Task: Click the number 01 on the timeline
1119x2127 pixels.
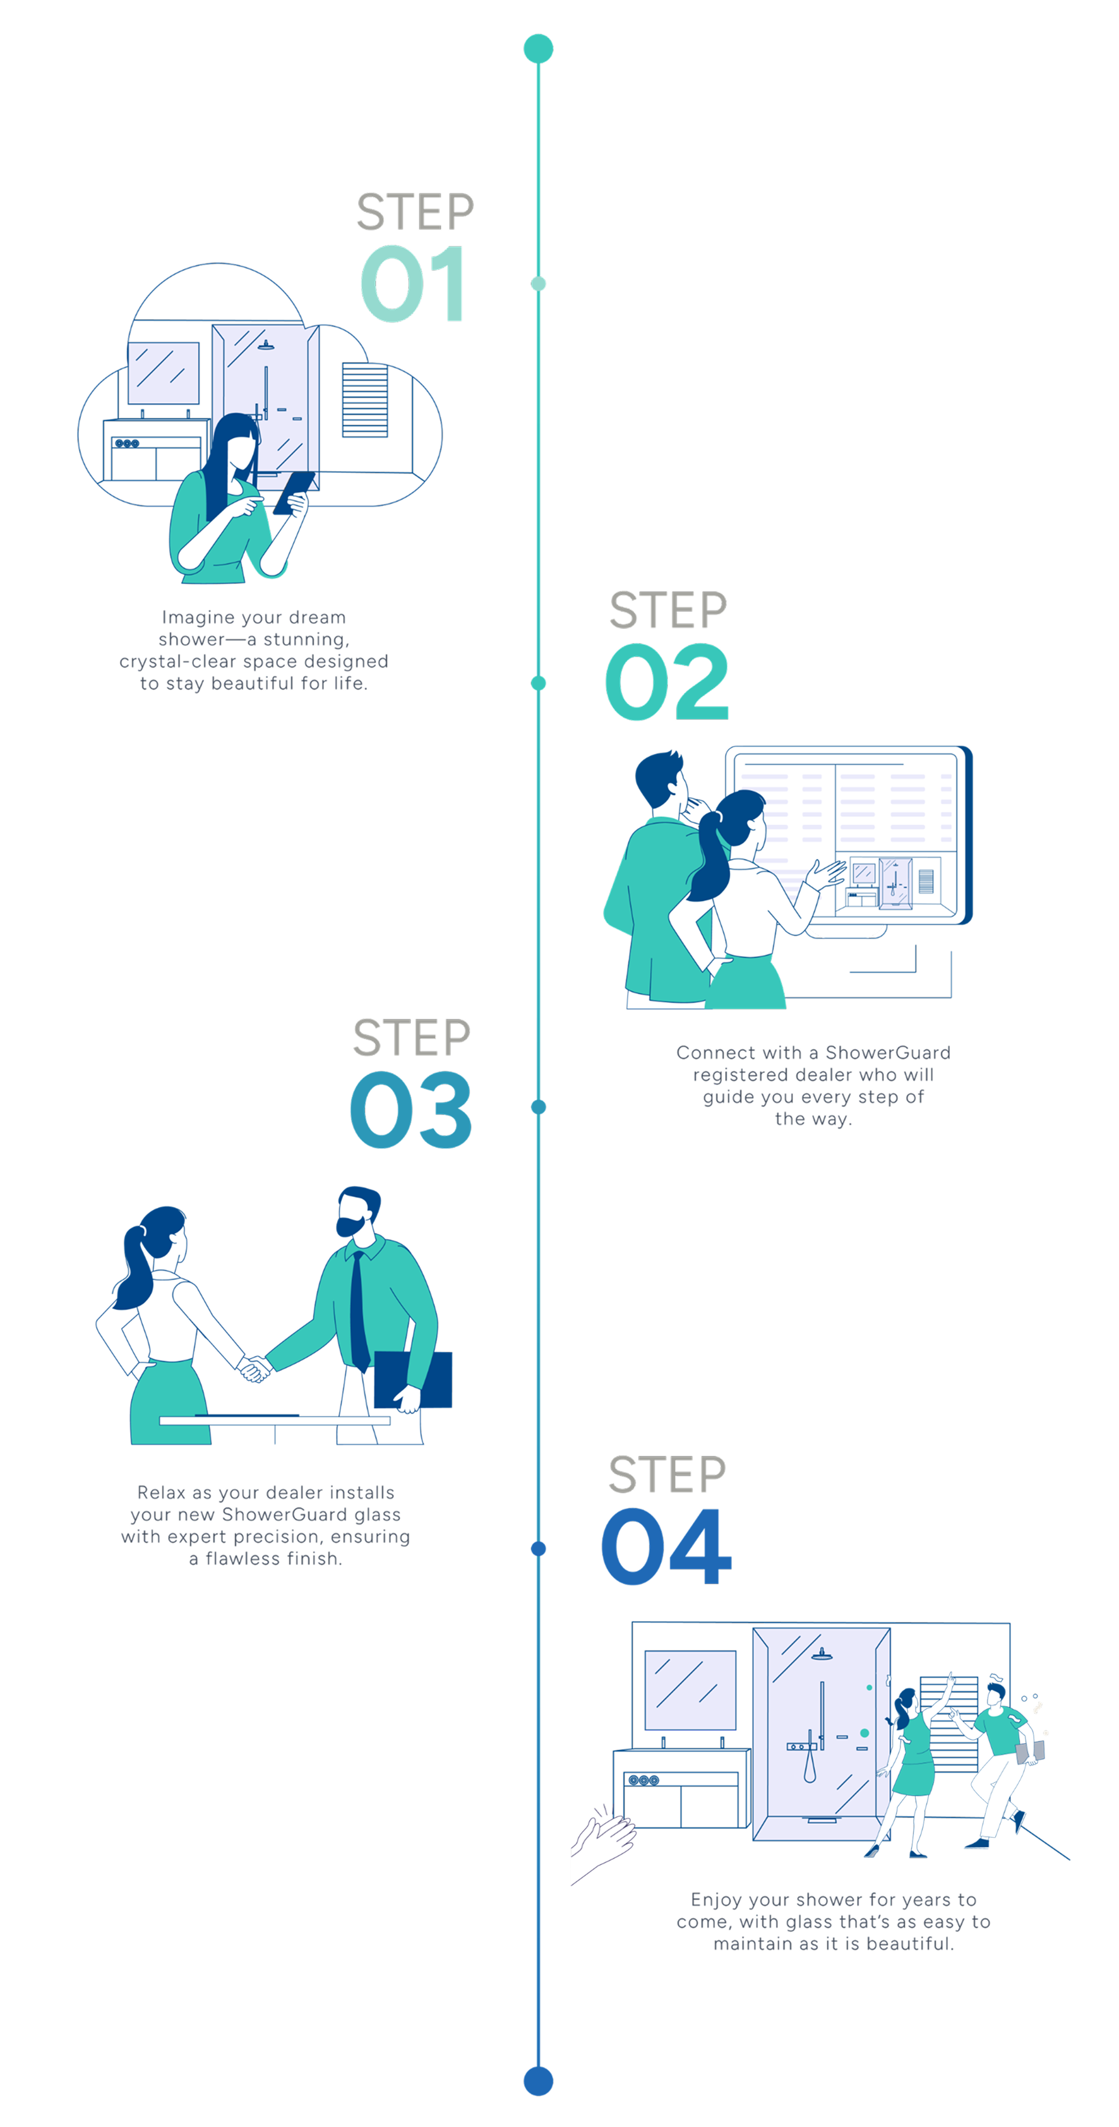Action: click(410, 285)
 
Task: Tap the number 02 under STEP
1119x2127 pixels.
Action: click(666, 682)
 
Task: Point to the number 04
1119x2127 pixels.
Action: click(666, 1546)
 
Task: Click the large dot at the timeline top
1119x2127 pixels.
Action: click(539, 49)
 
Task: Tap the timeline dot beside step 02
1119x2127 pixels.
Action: click(539, 683)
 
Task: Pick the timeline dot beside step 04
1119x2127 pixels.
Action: click(539, 1548)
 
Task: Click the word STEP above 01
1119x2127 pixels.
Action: click(416, 212)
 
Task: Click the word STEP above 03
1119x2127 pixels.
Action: click(411, 1038)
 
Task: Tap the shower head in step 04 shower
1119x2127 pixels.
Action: click(822, 1654)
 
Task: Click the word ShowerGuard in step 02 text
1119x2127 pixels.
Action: click(888, 1053)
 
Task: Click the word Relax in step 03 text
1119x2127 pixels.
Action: click(162, 1493)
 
